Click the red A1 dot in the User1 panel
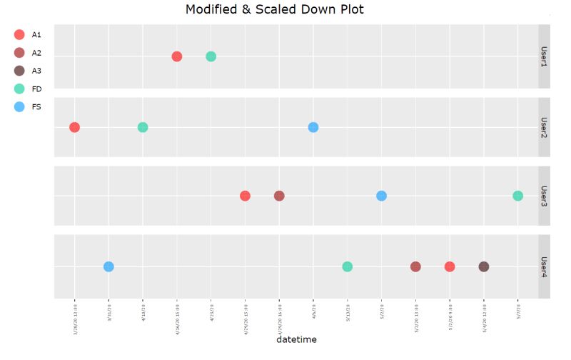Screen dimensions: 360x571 tap(177, 56)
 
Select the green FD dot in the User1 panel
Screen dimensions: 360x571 tap(211, 56)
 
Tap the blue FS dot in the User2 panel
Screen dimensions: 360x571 tap(313, 127)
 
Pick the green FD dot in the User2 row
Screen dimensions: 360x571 tap(143, 127)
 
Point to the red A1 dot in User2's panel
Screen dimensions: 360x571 tap(74, 127)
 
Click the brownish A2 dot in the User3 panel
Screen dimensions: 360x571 tap(279, 196)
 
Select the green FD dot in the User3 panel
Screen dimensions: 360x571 tap(517, 196)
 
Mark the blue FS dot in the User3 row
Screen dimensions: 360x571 tap(381, 196)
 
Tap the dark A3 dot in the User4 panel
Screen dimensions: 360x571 tap(484, 266)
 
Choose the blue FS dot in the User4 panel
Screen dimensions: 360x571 tap(108, 266)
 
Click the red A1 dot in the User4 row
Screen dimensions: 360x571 tap(450, 266)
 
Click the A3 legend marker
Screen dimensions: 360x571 tap(19, 71)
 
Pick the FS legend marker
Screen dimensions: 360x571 tap(19, 107)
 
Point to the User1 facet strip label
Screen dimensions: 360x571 tap(544, 56)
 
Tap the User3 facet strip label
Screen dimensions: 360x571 tap(544, 196)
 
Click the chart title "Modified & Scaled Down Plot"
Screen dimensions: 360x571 tap(274, 10)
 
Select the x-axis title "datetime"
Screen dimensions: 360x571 tap(296, 340)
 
